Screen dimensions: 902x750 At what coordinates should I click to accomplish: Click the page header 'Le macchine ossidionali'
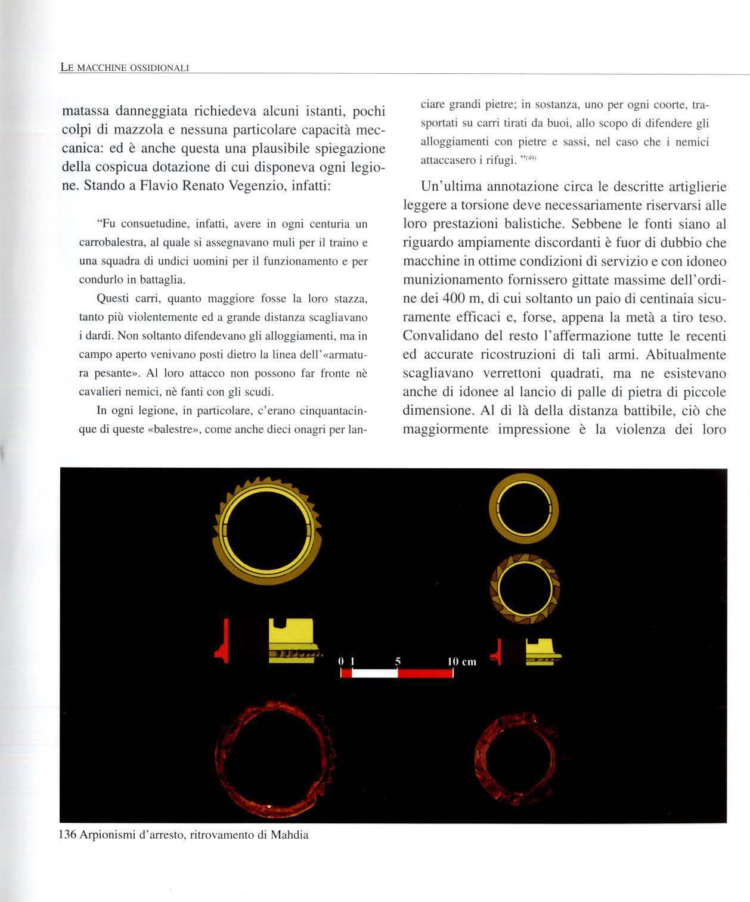pyautogui.click(x=125, y=67)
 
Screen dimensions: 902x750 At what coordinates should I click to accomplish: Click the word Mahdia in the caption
pyautogui.click(x=290, y=835)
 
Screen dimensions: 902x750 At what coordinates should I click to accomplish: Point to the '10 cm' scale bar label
pyautogui.click(x=461, y=661)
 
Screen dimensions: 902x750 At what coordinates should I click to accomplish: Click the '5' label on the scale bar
pyautogui.click(x=397, y=661)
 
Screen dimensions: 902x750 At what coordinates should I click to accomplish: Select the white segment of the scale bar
pyautogui.click(x=375, y=673)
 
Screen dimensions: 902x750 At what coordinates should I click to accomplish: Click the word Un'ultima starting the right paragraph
pyautogui.click(x=452, y=186)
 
